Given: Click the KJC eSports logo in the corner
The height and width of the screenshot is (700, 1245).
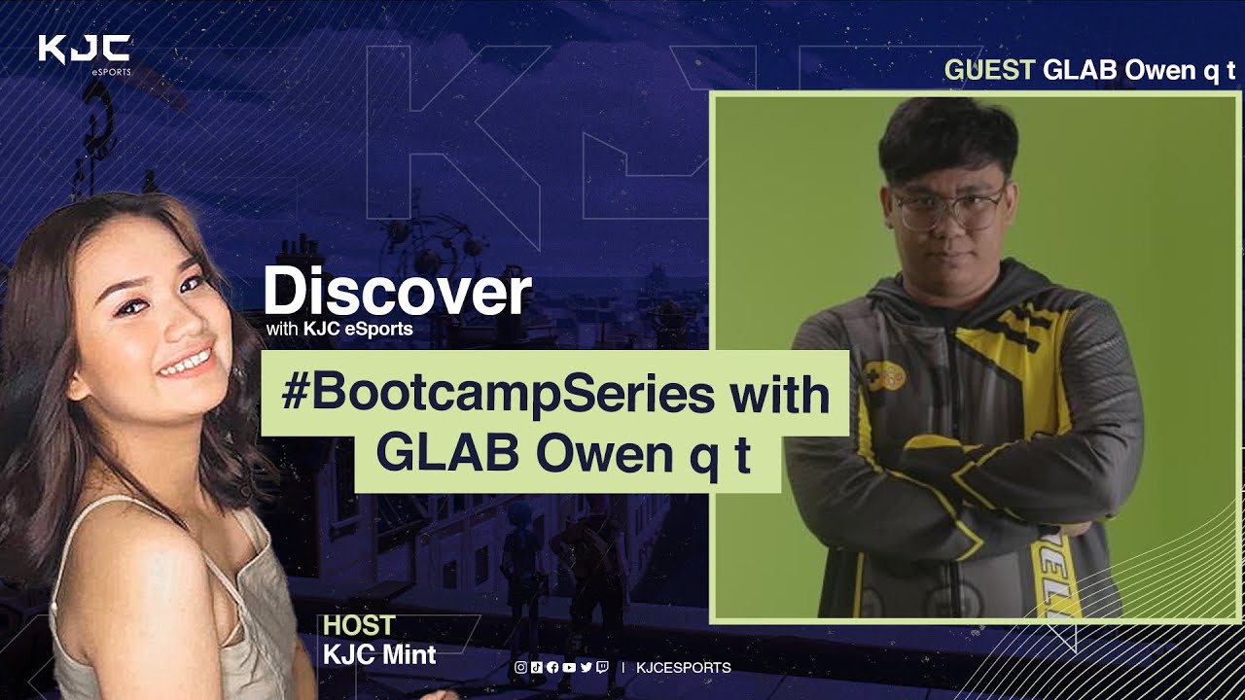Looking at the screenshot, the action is pyautogui.click(x=85, y=54).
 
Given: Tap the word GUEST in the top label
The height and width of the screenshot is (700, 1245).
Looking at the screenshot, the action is pyautogui.click(x=989, y=70).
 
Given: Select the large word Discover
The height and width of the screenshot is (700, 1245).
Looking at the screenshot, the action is pyautogui.click(x=398, y=290).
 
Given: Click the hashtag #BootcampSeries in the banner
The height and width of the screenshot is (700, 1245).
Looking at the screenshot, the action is pyautogui.click(x=498, y=396).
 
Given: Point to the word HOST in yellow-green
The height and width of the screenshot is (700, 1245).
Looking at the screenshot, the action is pyautogui.click(x=359, y=625).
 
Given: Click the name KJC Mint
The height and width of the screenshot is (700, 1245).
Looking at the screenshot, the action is pyautogui.click(x=379, y=655).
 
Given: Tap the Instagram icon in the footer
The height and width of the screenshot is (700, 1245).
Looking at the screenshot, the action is pyautogui.click(x=520, y=667).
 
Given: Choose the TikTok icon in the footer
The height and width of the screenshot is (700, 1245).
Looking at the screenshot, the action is pyautogui.click(x=536, y=667).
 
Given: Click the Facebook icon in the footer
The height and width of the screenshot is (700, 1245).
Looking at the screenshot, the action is pyautogui.click(x=552, y=667).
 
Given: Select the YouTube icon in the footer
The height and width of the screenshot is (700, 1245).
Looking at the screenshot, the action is pyautogui.click(x=569, y=667).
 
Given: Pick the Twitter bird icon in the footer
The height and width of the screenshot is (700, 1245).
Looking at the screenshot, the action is pyautogui.click(x=587, y=667).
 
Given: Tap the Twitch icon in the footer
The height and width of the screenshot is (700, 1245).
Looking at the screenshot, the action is pyautogui.click(x=602, y=667).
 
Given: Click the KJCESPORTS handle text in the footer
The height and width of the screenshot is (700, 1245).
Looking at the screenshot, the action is pyautogui.click(x=684, y=667).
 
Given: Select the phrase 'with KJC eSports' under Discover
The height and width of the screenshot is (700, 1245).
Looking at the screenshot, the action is pyautogui.click(x=339, y=329).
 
